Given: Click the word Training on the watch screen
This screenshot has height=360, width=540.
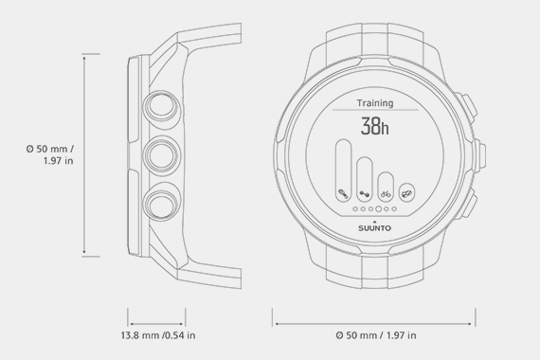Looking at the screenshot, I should point(375,102).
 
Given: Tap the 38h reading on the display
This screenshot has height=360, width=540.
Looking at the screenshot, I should point(376,126).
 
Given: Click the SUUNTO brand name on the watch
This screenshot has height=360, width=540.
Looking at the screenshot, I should point(377,227).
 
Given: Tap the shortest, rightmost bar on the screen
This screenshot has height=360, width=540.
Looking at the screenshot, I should point(406,191).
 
